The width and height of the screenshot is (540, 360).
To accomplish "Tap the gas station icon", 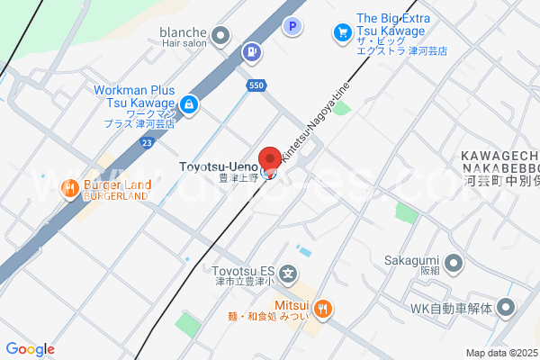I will tap(251, 53).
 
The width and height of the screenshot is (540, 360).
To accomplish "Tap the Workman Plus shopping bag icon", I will tap(188, 104).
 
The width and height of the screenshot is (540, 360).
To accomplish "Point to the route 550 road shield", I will tap(255, 85).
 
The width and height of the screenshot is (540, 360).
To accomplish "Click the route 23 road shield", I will tap(147, 141).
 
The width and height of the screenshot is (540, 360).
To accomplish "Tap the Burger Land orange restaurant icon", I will tap(68, 188).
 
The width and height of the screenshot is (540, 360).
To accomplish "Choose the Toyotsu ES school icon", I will tap(287, 273).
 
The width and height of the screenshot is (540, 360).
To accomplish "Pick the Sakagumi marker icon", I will tap(453, 264).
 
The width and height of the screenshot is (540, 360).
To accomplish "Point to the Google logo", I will tap(30, 349).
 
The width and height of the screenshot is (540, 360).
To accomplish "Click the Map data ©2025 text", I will tap(502, 353).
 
